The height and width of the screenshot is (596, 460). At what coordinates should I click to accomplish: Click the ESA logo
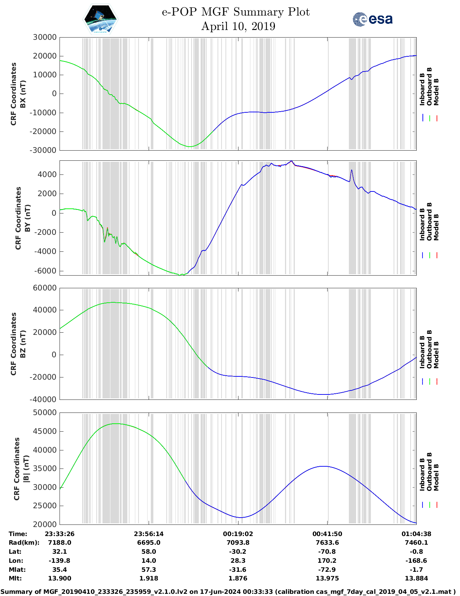coord(372,19)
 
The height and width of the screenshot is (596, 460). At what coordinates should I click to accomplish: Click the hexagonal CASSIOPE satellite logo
coord(101,19)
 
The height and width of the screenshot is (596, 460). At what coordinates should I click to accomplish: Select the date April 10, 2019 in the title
coord(238,26)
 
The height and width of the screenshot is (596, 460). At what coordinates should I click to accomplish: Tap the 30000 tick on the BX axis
coord(45,37)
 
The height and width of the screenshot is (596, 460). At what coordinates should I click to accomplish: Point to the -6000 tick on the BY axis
coord(45,271)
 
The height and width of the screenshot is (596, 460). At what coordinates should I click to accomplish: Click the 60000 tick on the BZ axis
coord(45,288)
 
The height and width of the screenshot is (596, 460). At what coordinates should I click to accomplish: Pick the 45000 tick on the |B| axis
coord(45,431)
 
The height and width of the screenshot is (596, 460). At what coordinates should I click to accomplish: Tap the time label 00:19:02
coord(238,534)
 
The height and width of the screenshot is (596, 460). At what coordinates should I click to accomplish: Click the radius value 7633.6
coord(327,543)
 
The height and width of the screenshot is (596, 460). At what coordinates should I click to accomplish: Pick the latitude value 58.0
coord(149,552)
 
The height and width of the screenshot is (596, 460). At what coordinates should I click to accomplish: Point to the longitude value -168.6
coord(416,561)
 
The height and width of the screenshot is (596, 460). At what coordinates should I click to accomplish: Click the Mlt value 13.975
coord(327,578)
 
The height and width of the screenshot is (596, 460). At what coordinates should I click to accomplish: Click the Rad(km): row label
coord(24,543)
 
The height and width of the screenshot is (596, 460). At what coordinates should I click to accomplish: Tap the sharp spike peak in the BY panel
coord(352,170)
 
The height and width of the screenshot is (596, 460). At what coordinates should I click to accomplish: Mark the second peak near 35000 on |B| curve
coord(325,466)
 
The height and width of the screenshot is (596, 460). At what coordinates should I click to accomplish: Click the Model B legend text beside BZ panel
coord(436,355)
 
